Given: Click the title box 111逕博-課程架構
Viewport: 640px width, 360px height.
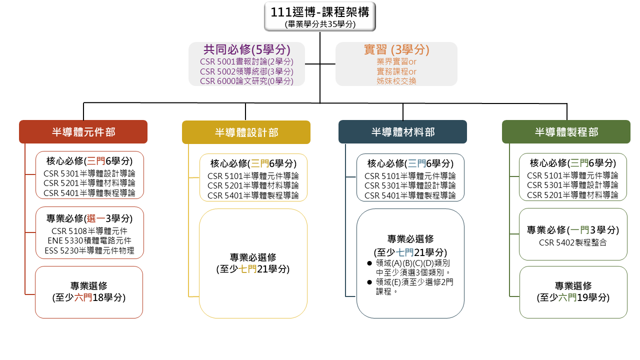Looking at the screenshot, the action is pyautogui.click(x=319, y=16).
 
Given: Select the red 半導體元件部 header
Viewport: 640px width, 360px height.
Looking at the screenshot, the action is pyautogui.click(x=83, y=131).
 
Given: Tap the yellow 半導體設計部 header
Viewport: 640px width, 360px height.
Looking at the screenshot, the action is pyautogui.click(x=246, y=132).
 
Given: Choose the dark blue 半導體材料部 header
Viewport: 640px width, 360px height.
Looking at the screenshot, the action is pyautogui.click(x=402, y=131).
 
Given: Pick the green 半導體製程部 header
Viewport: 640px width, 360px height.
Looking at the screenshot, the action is pyautogui.click(x=566, y=131).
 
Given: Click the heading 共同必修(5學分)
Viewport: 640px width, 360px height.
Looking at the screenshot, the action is pyautogui.click(x=247, y=49).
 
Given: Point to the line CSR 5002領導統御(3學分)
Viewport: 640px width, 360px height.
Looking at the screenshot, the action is pyautogui.click(x=246, y=71).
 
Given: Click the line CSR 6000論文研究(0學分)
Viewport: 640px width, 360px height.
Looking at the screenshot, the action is pyautogui.click(x=246, y=81).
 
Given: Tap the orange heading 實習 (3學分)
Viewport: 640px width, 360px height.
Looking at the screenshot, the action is pyautogui.click(x=396, y=49).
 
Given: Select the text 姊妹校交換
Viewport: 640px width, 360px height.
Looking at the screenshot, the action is pyautogui.click(x=396, y=81).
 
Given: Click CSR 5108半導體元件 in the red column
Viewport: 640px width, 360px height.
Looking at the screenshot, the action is pyautogui.click(x=89, y=231).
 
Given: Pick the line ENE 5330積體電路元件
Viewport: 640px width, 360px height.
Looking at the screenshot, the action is pyautogui.click(x=89, y=240).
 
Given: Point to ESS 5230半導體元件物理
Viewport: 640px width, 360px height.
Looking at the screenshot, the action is pyautogui.click(x=89, y=250).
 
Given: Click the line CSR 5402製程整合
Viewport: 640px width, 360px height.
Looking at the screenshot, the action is pyautogui.click(x=572, y=242).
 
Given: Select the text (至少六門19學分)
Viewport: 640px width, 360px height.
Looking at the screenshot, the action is pyautogui.click(x=573, y=297).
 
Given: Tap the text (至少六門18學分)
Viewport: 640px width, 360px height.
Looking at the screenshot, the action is pyautogui.click(x=89, y=297).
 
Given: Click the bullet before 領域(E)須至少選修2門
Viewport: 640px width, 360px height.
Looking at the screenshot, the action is pyautogui.click(x=369, y=282).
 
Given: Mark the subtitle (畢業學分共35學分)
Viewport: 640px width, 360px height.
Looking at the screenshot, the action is pyautogui.click(x=320, y=24).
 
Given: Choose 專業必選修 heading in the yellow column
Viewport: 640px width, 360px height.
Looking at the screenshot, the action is pyautogui.click(x=253, y=257).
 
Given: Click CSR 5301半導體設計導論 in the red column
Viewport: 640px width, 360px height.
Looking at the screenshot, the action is pyautogui.click(x=89, y=173).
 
